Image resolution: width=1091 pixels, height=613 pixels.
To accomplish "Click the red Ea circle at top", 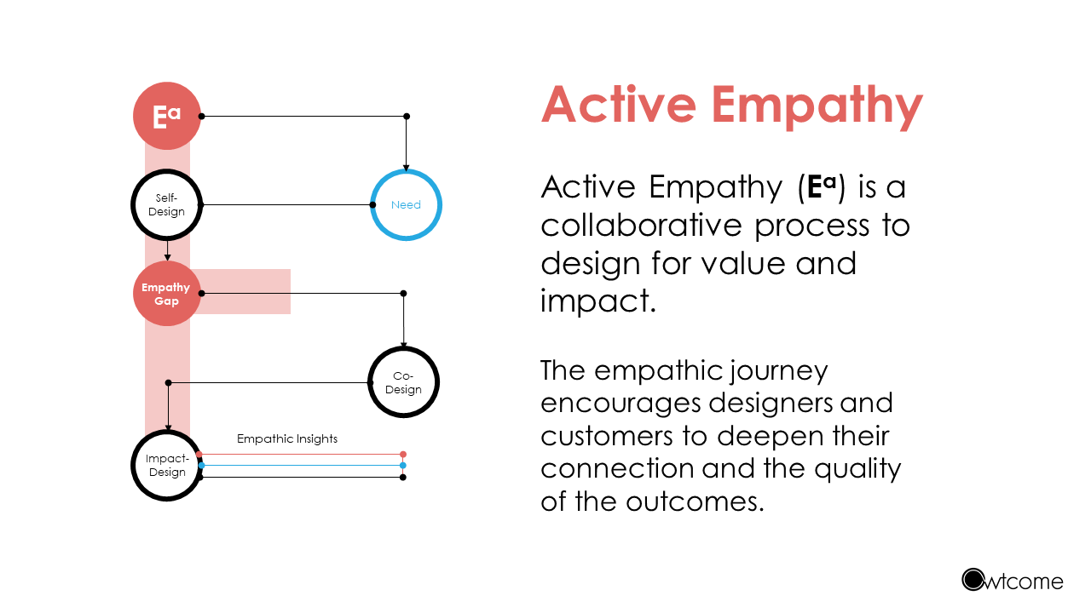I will coord(166,116).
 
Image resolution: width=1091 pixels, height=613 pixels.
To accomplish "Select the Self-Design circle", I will coord(166,205).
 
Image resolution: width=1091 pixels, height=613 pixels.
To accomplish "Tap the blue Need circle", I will coord(406,205).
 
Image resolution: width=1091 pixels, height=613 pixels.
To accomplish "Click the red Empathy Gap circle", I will coord(166,294).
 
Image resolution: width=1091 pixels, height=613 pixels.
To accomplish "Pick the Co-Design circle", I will coord(403,382).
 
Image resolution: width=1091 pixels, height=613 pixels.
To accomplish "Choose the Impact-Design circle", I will coord(166,466).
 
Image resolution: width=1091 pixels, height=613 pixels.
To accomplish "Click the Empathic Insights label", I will coord(287,439).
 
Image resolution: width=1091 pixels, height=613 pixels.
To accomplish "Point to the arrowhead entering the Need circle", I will coord(407,167).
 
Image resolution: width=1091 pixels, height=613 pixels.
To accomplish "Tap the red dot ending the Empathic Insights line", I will coord(403,455).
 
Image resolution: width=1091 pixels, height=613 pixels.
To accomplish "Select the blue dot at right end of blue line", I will coord(403,466).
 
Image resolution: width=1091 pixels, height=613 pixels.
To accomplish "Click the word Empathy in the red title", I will coord(817,106).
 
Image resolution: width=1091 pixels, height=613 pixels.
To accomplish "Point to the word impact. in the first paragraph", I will coord(597,301).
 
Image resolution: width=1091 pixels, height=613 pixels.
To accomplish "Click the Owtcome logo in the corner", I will coord(1013,581).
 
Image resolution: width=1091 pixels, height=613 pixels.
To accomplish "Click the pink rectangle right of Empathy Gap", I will coord(247,292).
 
